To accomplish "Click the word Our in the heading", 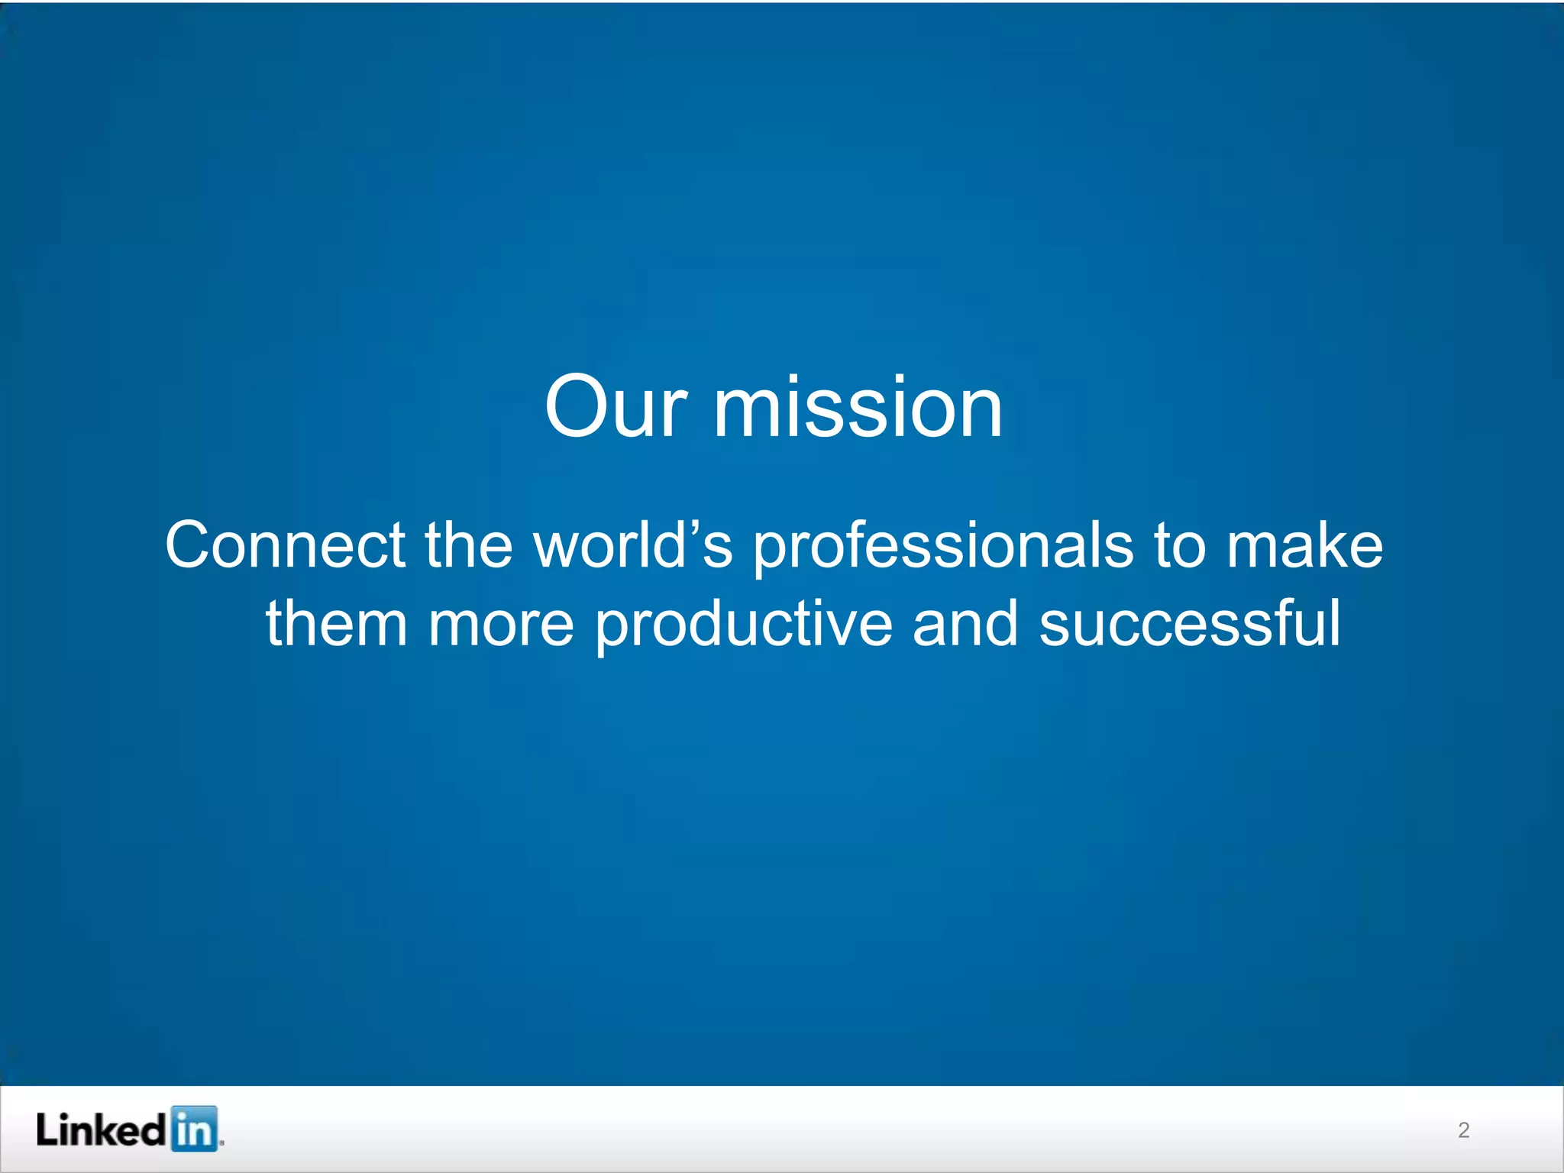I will (x=616, y=408).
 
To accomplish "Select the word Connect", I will (x=286, y=545).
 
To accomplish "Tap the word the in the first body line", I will (x=468, y=545).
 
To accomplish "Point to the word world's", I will (x=633, y=545).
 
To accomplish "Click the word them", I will (x=336, y=624).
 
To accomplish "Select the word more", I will (x=501, y=624).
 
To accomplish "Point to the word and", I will (x=965, y=624).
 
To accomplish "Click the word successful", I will (x=1189, y=624).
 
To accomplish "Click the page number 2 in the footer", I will (x=1463, y=1130).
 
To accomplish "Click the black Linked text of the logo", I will (x=100, y=1129).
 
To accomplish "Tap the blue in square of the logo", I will (x=194, y=1129).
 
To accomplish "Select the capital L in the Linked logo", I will (x=47, y=1129).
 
